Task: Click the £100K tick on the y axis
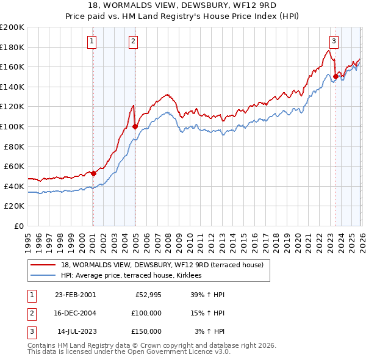12,126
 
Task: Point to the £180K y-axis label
12,47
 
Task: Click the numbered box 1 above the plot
91,41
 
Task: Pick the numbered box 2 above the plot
133,41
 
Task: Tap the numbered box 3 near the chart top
334,41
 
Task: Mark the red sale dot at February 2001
94,173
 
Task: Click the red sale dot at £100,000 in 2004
135,127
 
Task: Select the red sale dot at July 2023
335,77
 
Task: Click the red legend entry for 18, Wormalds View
162,265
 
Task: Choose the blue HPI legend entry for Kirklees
135,276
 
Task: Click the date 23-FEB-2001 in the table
75,295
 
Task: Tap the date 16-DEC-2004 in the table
75,313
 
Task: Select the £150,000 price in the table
146,331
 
